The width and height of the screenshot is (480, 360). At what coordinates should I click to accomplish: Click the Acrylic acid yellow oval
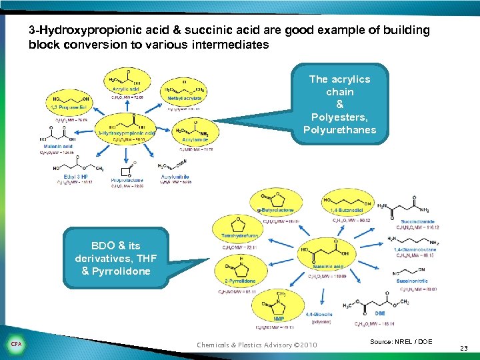click(x=125, y=83)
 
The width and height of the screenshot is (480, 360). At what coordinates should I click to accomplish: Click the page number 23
click(x=465, y=347)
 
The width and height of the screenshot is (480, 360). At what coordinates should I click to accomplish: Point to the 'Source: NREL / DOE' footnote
click(x=401, y=341)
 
